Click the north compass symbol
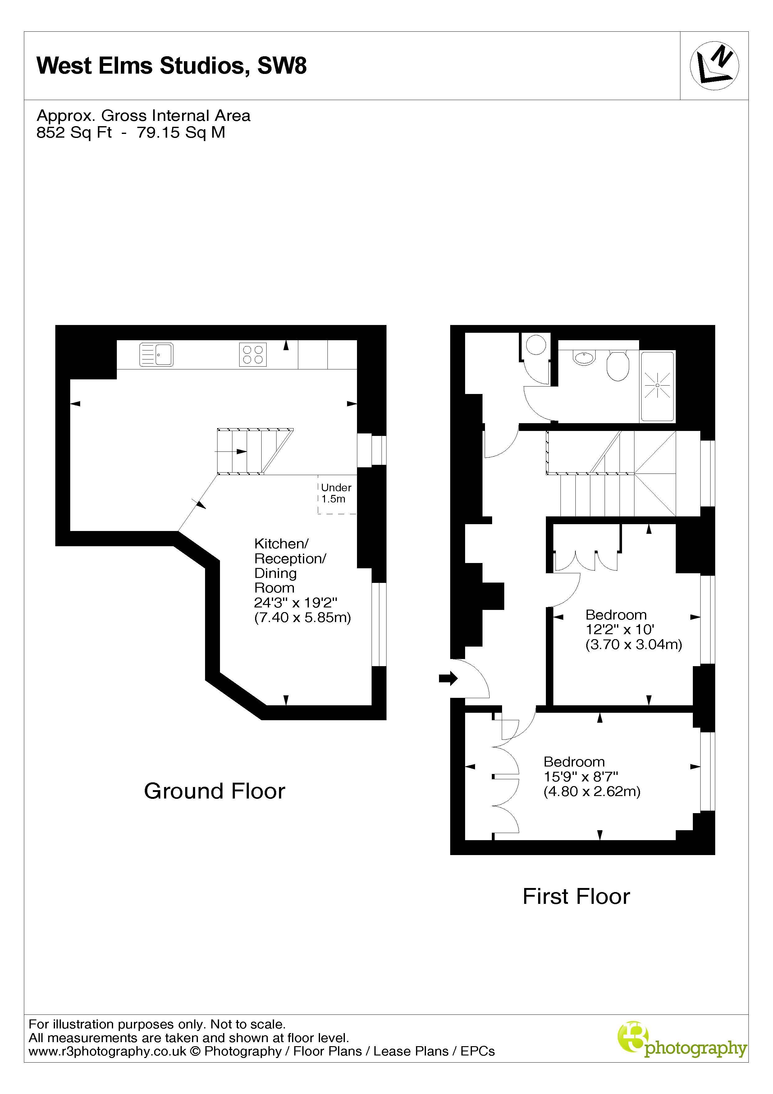(x=714, y=66)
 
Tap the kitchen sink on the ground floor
(x=156, y=355)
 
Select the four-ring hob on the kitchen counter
(x=253, y=355)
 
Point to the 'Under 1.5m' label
(x=336, y=493)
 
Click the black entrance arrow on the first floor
(x=447, y=679)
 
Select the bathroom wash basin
(x=584, y=358)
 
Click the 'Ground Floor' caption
(x=214, y=791)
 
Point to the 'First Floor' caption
(x=576, y=896)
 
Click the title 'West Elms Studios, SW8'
(x=172, y=66)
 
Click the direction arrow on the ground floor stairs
(x=231, y=451)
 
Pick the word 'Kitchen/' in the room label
(x=281, y=543)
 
